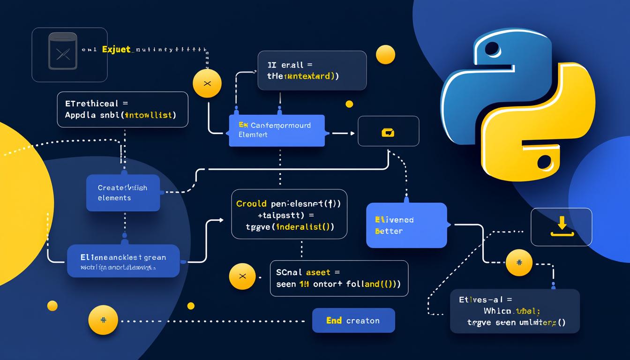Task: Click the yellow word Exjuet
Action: [x=116, y=49]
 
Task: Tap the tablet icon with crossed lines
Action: [x=62, y=54]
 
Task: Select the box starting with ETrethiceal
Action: [x=122, y=109]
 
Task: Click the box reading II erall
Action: [x=312, y=70]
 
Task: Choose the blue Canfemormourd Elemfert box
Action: [x=277, y=130]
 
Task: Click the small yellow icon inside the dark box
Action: [x=388, y=133]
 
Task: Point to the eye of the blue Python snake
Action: [x=492, y=49]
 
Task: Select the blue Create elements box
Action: [x=123, y=193]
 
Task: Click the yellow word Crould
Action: [x=252, y=204]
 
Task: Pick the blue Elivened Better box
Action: [x=406, y=225]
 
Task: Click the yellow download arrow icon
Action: [x=561, y=226]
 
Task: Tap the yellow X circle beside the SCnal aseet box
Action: [x=242, y=276]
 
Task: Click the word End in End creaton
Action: [x=334, y=321]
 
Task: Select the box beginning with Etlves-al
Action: [x=514, y=311]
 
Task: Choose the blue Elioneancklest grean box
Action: [x=123, y=261]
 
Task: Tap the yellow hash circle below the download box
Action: [x=519, y=262]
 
